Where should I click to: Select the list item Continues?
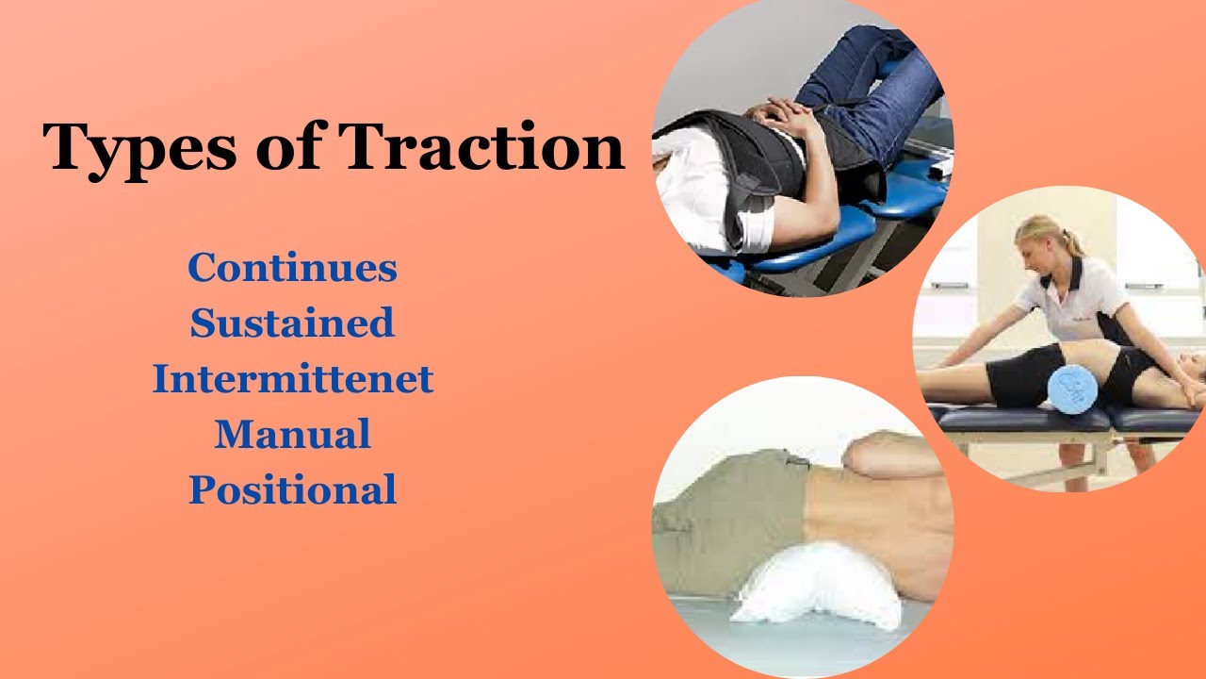tap(292, 269)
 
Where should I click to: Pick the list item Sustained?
tap(292, 323)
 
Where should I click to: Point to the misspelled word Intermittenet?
tap(292, 379)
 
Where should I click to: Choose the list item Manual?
tap(292, 435)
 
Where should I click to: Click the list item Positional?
tap(292, 490)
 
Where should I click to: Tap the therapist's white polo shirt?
tap(1074, 302)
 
